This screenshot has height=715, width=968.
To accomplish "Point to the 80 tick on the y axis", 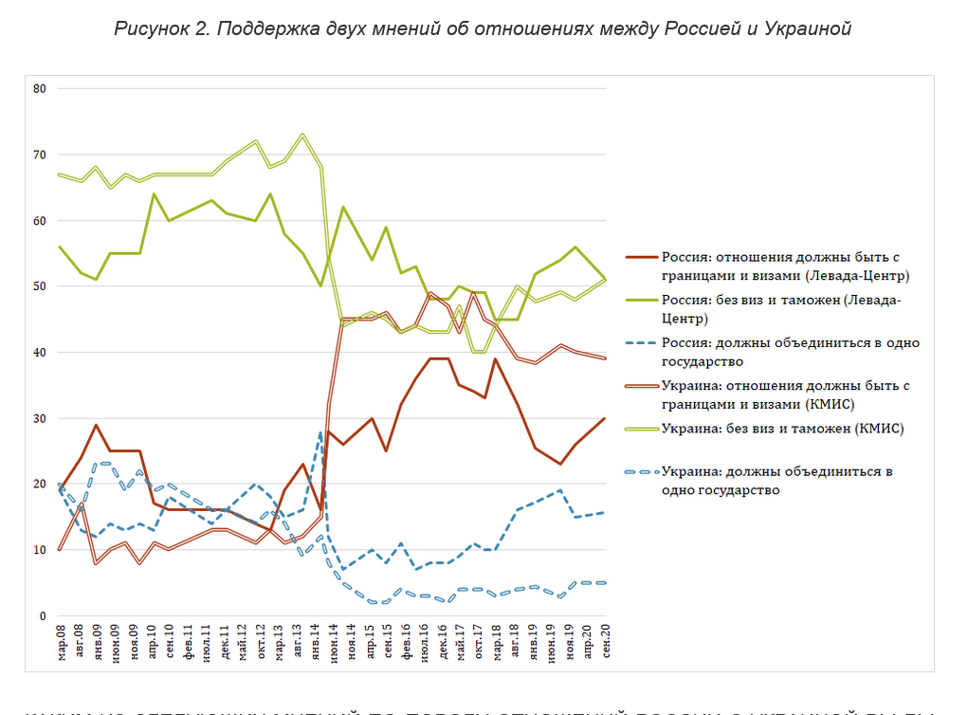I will coord(39,89).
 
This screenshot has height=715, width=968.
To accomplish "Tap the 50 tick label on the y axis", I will coord(39,286).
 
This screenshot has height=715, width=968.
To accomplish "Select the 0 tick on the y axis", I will coord(42,615).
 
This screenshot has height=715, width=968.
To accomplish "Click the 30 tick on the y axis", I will coord(39,418).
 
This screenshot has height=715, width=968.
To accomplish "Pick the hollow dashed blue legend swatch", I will coord(642,471).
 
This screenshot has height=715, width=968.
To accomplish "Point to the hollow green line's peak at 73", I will coord(302,135).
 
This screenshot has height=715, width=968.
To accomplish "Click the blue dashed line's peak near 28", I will coord(321,432).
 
